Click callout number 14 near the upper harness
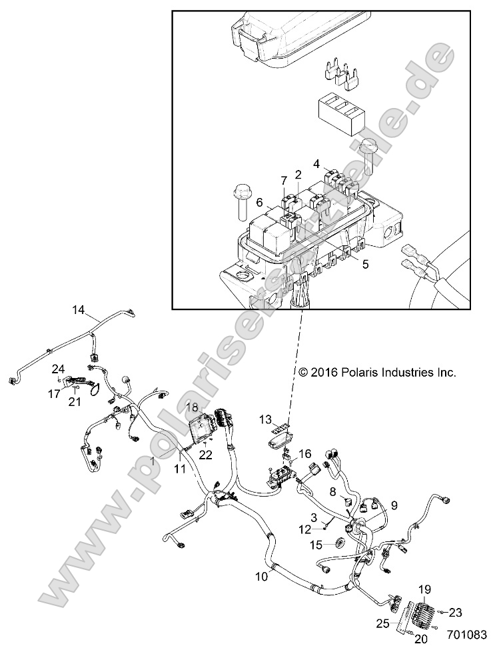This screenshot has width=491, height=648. pyautogui.click(x=79, y=309)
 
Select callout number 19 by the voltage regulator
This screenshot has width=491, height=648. pyautogui.click(x=424, y=589)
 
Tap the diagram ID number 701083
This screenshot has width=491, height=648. pyautogui.click(x=466, y=637)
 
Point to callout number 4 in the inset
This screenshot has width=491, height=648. pyautogui.click(x=317, y=163)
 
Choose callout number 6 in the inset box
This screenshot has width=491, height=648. pyautogui.click(x=260, y=202)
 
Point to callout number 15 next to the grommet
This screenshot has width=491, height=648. pyautogui.click(x=316, y=545)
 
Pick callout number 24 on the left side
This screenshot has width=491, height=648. pyautogui.click(x=59, y=368)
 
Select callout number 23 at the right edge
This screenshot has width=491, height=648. pyautogui.click(x=455, y=612)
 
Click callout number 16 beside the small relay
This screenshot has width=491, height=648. pyautogui.click(x=304, y=453)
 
